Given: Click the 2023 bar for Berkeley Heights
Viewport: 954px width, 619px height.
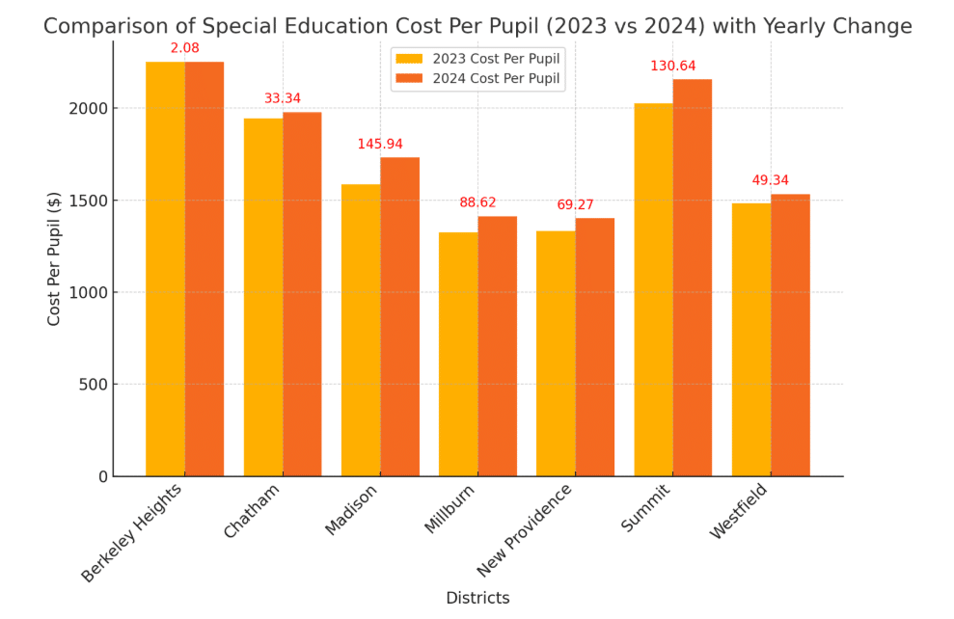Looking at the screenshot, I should click(x=165, y=269).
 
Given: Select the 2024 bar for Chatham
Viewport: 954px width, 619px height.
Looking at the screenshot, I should click(x=302, y=294).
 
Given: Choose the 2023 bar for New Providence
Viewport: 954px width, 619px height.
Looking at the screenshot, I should click(x=556, y=353).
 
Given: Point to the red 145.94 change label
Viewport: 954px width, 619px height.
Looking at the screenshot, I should click(x=380, y=144).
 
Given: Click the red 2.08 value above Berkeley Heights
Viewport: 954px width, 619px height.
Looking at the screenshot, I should click(x=185, y=47).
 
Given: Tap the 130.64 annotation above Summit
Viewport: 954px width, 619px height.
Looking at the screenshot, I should click(x=672, y=66).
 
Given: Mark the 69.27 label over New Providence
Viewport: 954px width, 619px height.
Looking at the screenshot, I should click(x=575, y=204).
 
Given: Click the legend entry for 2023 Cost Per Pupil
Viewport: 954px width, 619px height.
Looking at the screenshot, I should click(x=477, y=58).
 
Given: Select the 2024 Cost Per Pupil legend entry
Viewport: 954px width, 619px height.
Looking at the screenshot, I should click(x=477, y=79).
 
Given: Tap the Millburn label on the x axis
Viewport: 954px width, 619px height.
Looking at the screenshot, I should click(x=450, y=508).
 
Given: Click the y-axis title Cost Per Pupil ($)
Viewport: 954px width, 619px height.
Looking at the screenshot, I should click(x=54, y=257).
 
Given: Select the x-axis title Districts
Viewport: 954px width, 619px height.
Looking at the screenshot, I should click(x=477, y=598).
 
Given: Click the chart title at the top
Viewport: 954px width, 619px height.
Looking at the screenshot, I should click(x=477, y=26).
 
